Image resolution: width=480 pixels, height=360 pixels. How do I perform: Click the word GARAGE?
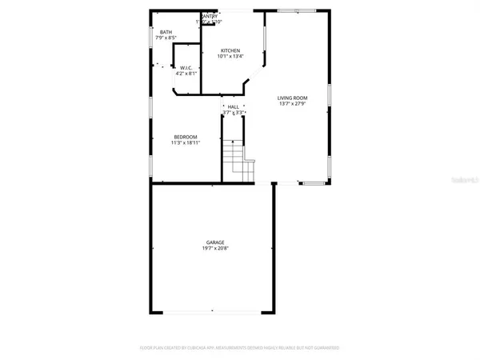click(x=214, y=242)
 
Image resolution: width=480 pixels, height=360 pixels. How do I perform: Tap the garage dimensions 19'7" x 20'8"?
click(x=214, y=248)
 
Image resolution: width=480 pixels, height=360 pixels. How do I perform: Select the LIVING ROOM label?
click(x=293, y=98)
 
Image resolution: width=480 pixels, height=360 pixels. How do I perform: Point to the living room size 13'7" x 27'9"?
click(x=293, y=103)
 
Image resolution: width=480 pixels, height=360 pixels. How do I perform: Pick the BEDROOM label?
click(x=186, y=137)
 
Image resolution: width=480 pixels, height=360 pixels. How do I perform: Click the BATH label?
click(x=166, y=32)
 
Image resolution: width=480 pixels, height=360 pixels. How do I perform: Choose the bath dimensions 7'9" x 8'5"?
click(x=166, y=38)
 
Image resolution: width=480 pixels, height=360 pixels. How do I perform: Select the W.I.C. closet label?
click(x=185, y=68)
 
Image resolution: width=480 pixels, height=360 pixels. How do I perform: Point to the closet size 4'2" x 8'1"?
click(x=185, y=74)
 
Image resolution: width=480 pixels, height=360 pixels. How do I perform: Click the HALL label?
click(x=233, y=106)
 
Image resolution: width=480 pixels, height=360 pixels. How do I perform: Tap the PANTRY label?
click(x=209, y=15)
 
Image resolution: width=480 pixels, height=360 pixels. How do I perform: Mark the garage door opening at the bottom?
click(x=211, y=311)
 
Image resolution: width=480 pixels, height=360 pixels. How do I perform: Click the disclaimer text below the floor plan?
click(x=240, y=348)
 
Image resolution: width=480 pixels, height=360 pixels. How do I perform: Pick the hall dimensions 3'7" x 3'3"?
click(x=233, y=113)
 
